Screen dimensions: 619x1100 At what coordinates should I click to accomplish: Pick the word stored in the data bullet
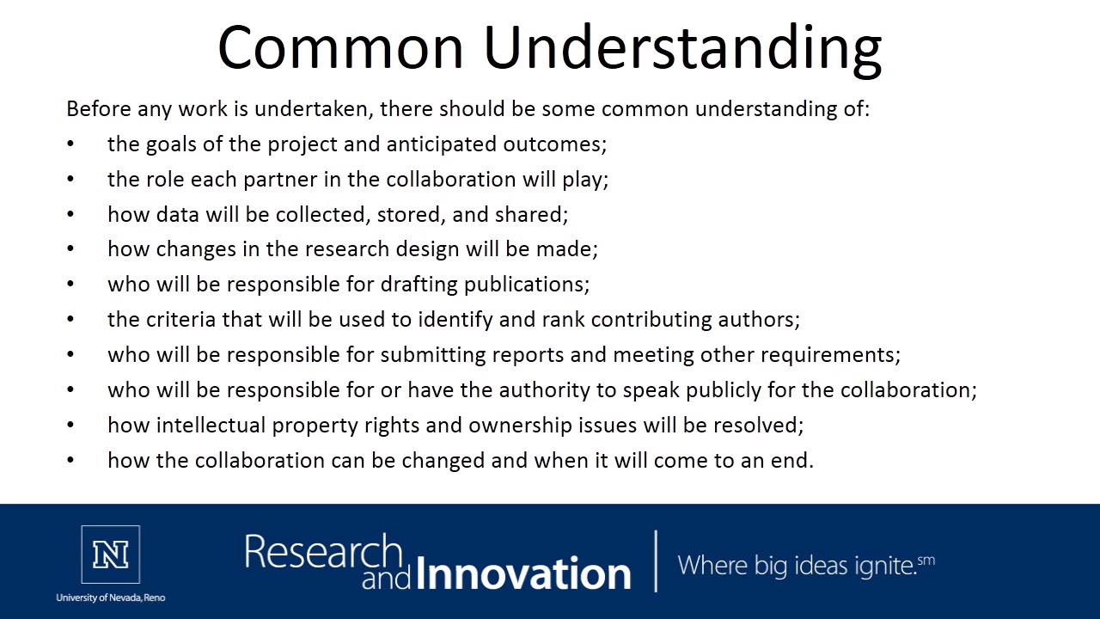coord(408,215)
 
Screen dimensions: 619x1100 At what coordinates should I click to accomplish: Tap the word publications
coord(526,285)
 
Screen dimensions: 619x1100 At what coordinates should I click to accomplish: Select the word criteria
coord(181,320)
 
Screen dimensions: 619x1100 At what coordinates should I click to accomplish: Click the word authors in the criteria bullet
coord(767,320)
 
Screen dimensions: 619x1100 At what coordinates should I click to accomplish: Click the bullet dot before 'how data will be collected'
coord(70,215)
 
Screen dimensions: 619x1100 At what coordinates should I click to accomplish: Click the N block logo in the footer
coord(110,555)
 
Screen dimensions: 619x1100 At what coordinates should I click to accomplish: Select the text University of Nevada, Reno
coord(110,598)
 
